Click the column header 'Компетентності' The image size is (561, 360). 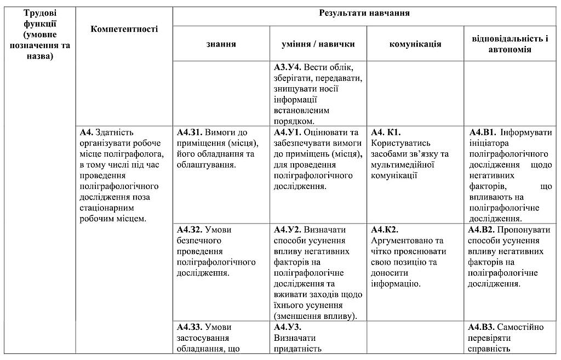pyautogui.click(x=124, y=29)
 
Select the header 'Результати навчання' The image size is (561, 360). pyautogui.click(x=364, y=13)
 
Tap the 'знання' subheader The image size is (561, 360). pyautogui.click(x=221, y=44)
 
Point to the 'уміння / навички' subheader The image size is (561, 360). pyautogui.click(x=318, y=44)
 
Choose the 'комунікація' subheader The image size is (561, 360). pyautogui.click(x=415, y=44)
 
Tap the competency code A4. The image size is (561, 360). pyautogui.click(x=86, y=133)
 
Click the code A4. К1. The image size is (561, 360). pyautogui.click(x=386, y=133)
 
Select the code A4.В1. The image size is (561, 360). pyautogui.click(x=482, y=133)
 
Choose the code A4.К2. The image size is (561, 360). pyautogui.click(x=385, y=230)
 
